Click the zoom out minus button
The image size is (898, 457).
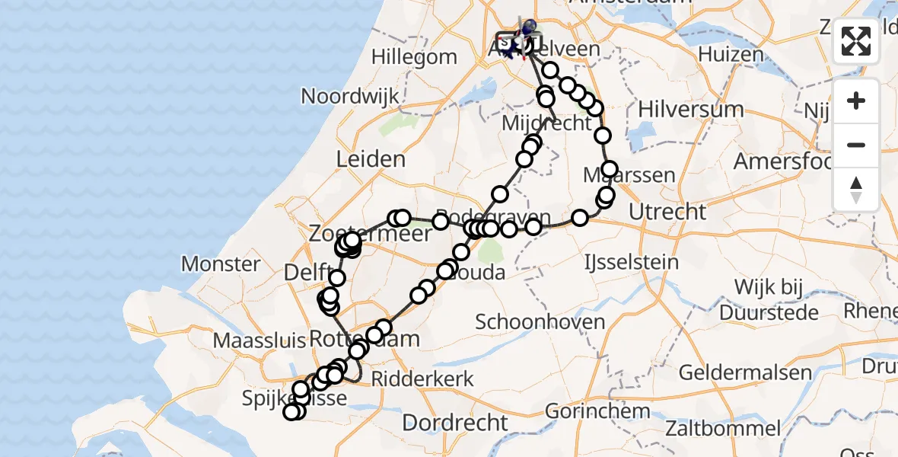pos(856,145)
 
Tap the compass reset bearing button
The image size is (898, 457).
pos(856,189)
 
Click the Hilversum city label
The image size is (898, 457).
pos(691,109)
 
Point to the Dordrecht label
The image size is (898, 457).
pos(455,423)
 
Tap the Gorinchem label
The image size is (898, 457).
pos(597,411)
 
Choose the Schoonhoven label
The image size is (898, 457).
pos(540,321)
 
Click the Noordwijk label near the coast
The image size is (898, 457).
pos(350,97)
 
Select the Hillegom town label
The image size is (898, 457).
pos(415,57)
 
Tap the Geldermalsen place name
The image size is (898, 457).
pos(746,373)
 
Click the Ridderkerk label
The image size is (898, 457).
pos(432,379)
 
